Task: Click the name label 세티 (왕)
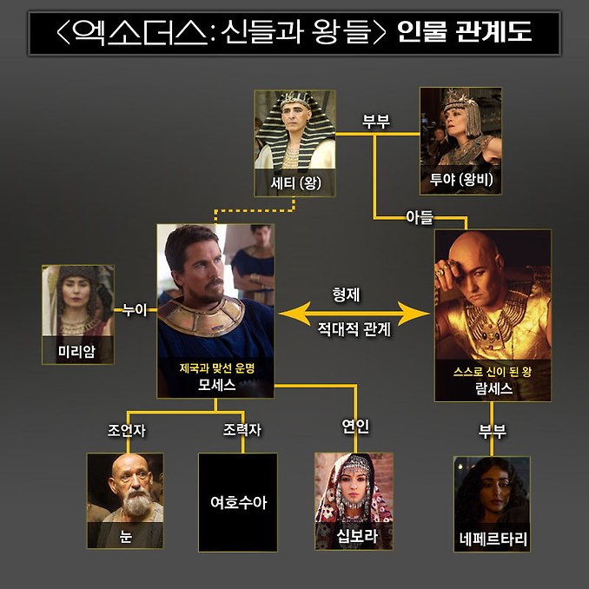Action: click(x=295, y=183)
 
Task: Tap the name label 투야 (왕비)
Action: click(x=461, y=179)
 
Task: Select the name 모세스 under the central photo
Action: click(x=216, y=385)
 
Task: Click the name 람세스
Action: click(x=493, y=388)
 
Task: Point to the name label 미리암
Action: click(x=77, y=351)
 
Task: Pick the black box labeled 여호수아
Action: click(x=238, y=502)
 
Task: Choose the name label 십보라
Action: click(x=356, y=536)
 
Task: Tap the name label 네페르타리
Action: click(x=493, y=539)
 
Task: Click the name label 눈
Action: click(x=125, y=536)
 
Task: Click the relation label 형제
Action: click(x=346, y=294)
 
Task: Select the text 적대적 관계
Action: click(x=354, y=329)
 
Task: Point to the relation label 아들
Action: click(x=420, y=217)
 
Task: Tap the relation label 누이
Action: click(x=135, y=310)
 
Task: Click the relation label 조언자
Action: click(x=127, y=431)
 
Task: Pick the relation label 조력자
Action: click(x=242, y=430)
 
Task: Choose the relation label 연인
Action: click(x=355, y=426)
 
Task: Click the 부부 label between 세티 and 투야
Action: click(x=376, y=122)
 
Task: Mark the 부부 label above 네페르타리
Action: click(x=492, y=431)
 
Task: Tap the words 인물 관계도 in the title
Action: click(x=464, y=31)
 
